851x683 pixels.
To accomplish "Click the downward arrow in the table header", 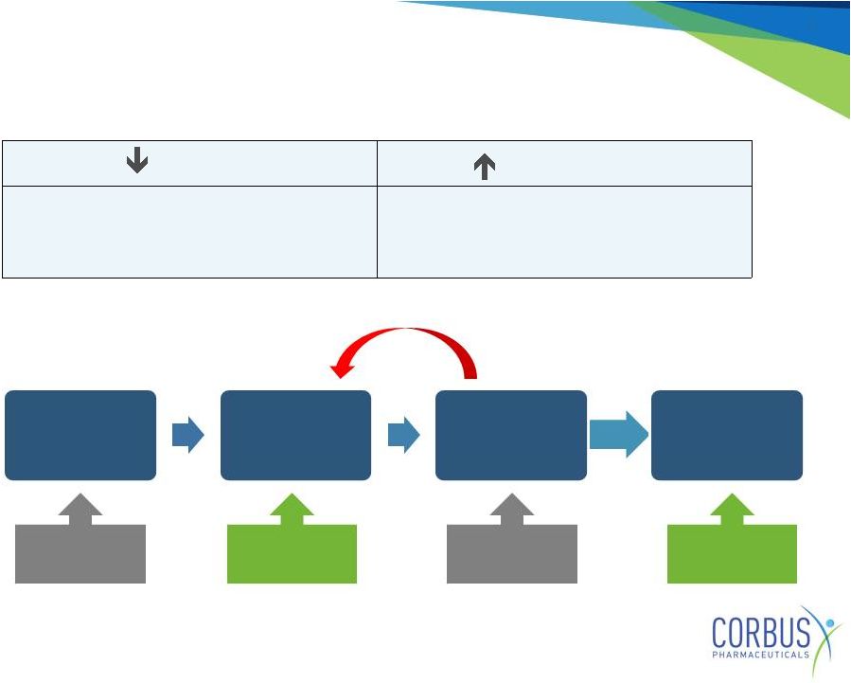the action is [x=137, y=160].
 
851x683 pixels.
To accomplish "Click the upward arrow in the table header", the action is [x=485, y=167].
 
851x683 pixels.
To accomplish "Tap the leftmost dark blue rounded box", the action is [x=80, y=435].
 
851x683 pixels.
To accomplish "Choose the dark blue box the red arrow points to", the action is [x=295, y=435].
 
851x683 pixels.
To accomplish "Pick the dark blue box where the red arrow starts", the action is [x=511, y=435].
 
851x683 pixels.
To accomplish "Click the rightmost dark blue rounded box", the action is [x=727, y=435].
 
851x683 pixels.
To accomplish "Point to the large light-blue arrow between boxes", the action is [x=619, y=435].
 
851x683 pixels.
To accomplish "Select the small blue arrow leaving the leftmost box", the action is [x=187, y=435].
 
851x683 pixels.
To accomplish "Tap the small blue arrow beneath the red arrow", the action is [x=404, y=435].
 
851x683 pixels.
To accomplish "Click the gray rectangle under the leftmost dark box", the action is [x=80, y=554].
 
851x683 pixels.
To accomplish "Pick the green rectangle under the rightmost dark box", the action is [x=732, y=554].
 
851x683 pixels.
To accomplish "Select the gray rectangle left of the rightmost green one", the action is [x=512, y=554].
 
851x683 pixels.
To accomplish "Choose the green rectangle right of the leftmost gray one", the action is [x=292, y=554].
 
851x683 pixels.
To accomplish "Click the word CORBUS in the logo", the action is [x=761, y=633].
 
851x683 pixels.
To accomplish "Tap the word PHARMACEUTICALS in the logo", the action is [x=761, y=655].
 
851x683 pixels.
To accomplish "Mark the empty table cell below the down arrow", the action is [x=190, y=232].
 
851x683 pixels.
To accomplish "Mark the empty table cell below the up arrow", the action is [x=564, y=232].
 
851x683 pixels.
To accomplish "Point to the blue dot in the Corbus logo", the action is [x=830, y=622].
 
